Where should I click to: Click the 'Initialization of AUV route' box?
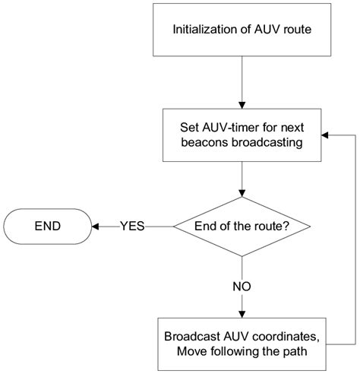pos(240,30)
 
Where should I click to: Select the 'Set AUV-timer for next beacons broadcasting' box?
pos(240,134)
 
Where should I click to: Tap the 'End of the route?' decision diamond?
pos(240,226)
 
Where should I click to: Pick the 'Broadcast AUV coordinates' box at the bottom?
pos(240,343)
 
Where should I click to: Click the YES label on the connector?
pos(132,226)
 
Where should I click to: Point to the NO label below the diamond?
pos(240,287)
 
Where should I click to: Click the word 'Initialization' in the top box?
pos(203,30)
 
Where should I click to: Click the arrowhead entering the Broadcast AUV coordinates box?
pos(240,314)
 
